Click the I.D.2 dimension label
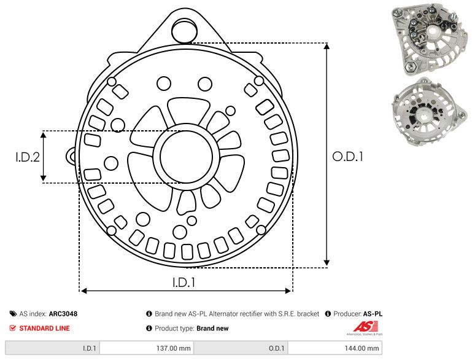[28, 157]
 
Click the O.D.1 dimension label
[348, 157]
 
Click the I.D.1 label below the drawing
[184, 283]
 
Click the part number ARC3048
[63, 313]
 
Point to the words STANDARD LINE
[44, 328]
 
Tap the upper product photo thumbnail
[428, 39]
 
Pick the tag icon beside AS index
[13, 313]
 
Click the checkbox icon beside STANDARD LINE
[13, 328]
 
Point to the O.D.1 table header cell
[276, 348]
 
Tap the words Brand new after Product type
[212, 328]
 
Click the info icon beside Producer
[328, 313]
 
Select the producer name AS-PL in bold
[373, 313]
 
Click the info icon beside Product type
[149, 328]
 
